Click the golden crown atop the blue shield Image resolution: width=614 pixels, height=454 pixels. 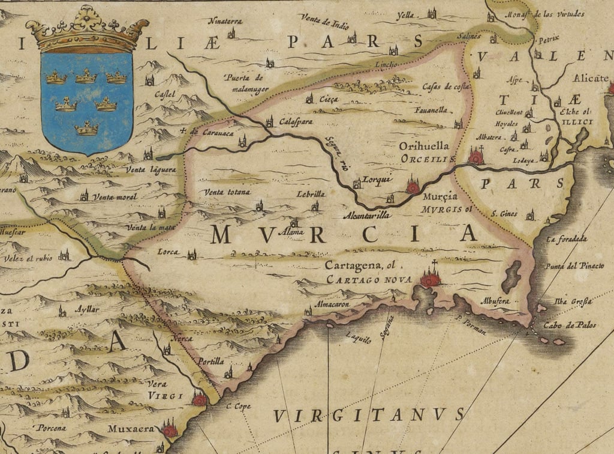tap(88, 29)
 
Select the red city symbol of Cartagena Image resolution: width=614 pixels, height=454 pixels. tap(431, 277)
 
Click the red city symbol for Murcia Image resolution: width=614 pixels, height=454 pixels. tap(413, 186)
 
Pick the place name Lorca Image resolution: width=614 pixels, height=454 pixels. tap(168, 253)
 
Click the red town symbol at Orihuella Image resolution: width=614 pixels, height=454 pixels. tap(476, 157)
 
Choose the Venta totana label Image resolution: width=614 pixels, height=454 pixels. tap(227, 192)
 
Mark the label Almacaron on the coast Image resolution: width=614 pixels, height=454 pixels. tap(332, 304)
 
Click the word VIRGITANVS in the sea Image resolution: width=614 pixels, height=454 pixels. tap(369, 415)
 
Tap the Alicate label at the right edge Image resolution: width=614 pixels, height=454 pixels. tap(591, 78)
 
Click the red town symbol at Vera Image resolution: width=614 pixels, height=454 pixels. tap(200, 399)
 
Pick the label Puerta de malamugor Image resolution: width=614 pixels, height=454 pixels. tap(245, 83)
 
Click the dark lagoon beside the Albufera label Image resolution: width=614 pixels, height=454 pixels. tap(511, 277)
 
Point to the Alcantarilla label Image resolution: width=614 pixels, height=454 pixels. tap(366, 214)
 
